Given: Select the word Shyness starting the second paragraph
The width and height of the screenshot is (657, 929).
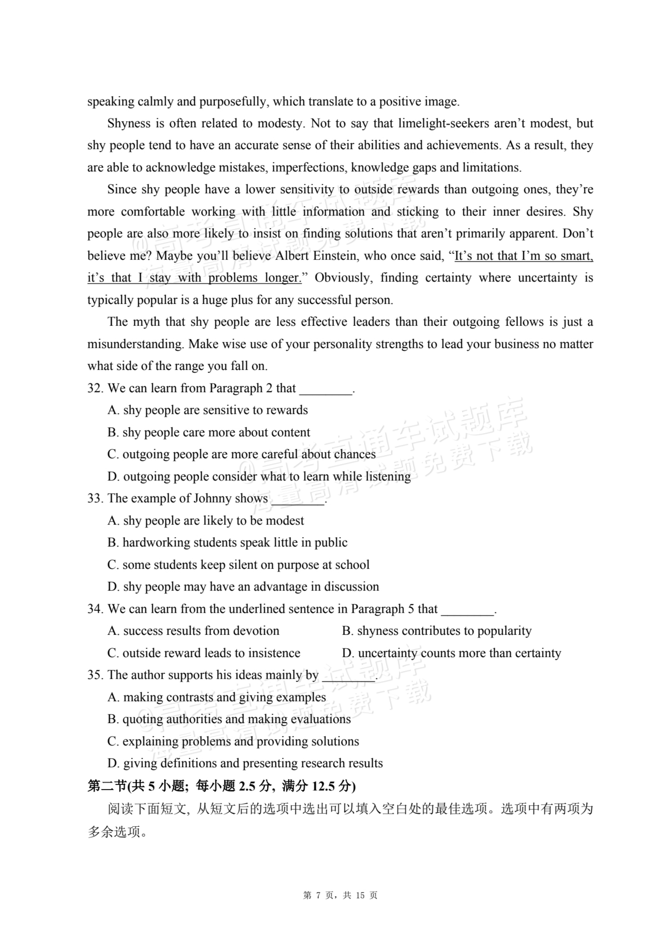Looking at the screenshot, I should [129, 123].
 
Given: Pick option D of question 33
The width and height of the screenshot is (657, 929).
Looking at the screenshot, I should [243, 587].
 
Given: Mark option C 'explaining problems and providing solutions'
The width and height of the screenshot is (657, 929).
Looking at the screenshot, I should [233, 741].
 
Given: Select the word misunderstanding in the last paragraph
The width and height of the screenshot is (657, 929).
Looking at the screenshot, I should [136, 344].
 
